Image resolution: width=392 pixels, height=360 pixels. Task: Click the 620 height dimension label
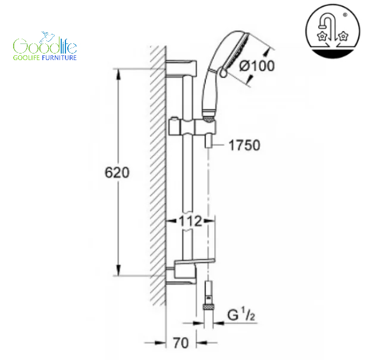(x=117, y=173)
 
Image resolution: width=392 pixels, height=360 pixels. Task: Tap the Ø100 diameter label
(x=257, y=66)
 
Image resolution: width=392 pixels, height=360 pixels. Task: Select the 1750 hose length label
(x=244, y=145)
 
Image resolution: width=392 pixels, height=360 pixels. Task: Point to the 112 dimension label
(x=190, y=221)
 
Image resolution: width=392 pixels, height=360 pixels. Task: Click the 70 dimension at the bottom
(x=181, y=343)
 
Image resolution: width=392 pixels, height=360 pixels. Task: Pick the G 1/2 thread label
(x=241, y=314)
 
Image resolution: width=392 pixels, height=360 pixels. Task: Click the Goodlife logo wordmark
(x=45, y=45)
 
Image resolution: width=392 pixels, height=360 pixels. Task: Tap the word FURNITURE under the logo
(x=59, y=58)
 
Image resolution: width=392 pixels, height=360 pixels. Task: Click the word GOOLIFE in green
(x=26, y=58)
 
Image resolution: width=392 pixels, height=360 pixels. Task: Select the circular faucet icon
(x=333, y=32)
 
